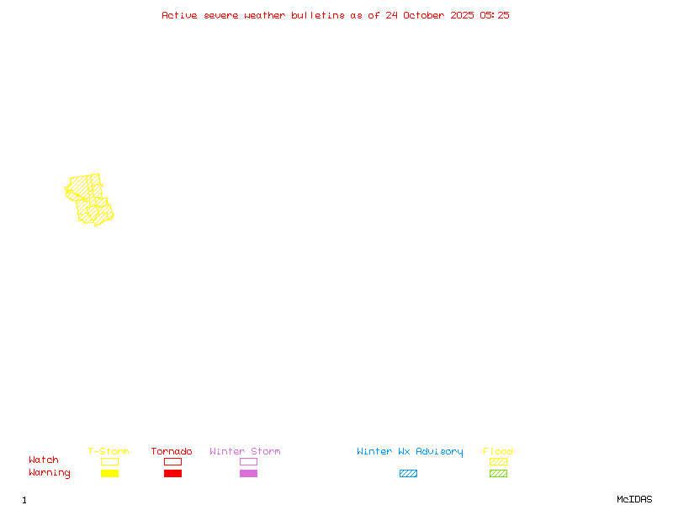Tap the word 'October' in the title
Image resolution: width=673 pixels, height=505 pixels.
click(423, 15)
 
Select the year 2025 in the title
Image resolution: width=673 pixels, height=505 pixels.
click(462, 15)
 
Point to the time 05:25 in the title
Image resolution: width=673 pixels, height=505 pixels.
click(495, 15)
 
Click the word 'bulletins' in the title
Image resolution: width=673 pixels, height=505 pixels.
click(318, 15)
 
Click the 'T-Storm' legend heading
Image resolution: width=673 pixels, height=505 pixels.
click(109, 451)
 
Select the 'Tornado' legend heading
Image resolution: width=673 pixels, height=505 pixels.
click(172, 451)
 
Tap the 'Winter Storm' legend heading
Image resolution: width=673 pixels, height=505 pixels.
click(245, 451)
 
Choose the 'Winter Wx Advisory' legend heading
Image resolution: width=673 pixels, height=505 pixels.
click(410, 452)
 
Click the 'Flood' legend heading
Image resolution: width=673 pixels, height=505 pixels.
click(498, 451)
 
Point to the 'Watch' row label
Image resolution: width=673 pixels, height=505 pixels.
click(44, 460)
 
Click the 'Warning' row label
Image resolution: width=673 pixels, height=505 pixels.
click(50, 473)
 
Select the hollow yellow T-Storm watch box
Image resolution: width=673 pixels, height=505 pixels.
click(110, 461)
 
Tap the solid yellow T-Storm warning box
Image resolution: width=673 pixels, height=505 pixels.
click(110, 473)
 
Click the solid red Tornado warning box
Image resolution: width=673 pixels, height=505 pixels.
click(173, 473)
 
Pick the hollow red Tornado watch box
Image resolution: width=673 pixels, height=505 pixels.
click(173, 461)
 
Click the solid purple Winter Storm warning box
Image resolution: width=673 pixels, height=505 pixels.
click(248, 473)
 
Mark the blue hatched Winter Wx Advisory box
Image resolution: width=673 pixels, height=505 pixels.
click(408, 473)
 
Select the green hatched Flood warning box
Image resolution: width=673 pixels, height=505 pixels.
click(498, 473)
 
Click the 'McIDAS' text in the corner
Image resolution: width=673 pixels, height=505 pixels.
click(634, 499)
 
